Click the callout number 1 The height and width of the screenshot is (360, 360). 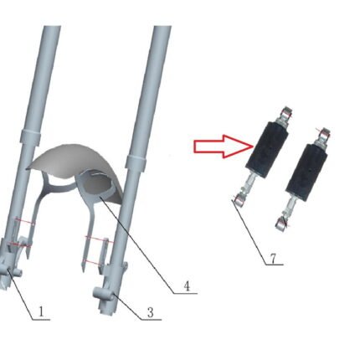pos(41,311)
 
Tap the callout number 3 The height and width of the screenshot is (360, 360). pos(151,312)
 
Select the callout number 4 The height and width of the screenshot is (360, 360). pos(187,286)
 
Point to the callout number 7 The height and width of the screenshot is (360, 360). pos(273,259)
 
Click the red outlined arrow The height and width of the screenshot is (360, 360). pos(224,147)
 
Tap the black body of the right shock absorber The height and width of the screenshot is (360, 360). pos(306,172)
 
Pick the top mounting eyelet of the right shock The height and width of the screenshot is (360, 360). pos(325,134)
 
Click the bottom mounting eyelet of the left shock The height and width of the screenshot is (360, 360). pos(239,200)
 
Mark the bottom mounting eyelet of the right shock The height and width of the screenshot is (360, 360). pos(280,224)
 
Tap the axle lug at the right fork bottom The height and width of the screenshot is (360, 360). pos(103,295)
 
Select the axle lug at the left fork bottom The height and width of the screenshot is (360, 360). pos(10,271)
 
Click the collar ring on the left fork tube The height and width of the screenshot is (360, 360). pos(30,136)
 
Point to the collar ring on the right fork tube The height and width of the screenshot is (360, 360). pos(136,162)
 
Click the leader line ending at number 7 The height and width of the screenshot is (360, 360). pos(249,232)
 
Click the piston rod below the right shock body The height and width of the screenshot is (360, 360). pos(291,207)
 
